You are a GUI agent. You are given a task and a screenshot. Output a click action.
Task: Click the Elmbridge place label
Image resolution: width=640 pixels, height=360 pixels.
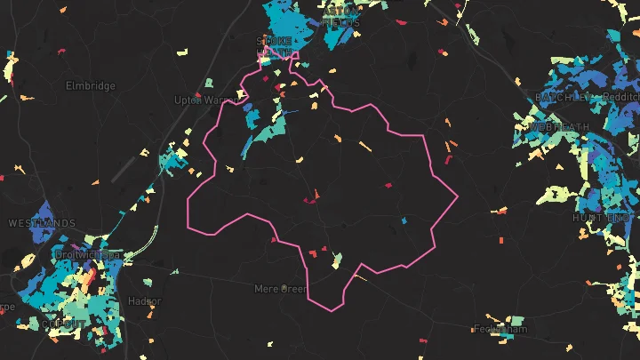click(x=91, y=86)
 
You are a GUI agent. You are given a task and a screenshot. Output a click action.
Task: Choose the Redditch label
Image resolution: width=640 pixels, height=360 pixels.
click(x=620, y=96)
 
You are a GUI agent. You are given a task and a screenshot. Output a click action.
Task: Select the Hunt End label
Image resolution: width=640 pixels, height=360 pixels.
click(x=602, y=217)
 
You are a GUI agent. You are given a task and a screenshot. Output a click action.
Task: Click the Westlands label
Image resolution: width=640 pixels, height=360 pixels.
click(x=42, y=222)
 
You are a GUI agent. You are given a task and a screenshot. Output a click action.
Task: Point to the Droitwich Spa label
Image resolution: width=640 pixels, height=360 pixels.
click(x=87, y=255)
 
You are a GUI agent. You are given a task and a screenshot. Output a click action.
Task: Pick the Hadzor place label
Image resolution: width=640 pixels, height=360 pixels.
click(x=144, y=301)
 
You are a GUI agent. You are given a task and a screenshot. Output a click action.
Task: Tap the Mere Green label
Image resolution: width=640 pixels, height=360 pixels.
click(x=280, y=289)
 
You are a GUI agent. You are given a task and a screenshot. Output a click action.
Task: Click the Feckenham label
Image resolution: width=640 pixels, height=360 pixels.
click(x=500, y=328)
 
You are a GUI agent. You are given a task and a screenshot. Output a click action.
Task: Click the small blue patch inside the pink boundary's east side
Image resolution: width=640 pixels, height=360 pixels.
click(x=404, y=220)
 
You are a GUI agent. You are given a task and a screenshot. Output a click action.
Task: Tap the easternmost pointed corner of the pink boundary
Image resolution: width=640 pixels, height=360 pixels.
click(x=457, y=197)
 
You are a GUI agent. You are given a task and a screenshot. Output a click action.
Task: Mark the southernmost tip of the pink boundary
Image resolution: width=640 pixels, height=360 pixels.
click(x=331, y=311)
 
